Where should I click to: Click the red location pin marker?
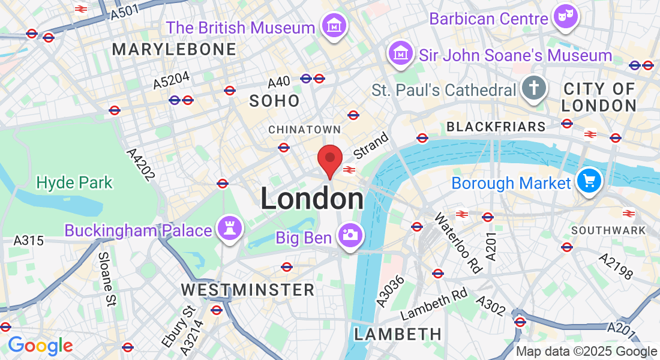tap(329, 159)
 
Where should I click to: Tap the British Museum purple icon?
tap(332, 26)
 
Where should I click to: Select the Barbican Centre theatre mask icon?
tap(565, 17)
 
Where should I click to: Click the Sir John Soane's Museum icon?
tap(400, 53)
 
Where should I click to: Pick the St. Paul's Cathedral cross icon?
tap(532, 88)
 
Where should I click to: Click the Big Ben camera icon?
tap(349, 235)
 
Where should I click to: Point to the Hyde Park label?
tap(74, 182)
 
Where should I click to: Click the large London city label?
tap(312, 199)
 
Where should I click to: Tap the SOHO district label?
tap(274, 101)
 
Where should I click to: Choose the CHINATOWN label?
tap(304, 130)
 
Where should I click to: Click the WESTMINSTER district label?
tap(248, 290)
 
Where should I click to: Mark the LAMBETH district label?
tap(398, 334)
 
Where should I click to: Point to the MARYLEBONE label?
tap(174, 49)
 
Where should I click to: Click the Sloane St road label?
tap(106, 279)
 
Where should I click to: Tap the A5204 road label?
tap(171, 80)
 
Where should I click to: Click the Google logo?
tap(40, 346)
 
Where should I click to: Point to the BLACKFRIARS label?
tap(496, 127)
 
